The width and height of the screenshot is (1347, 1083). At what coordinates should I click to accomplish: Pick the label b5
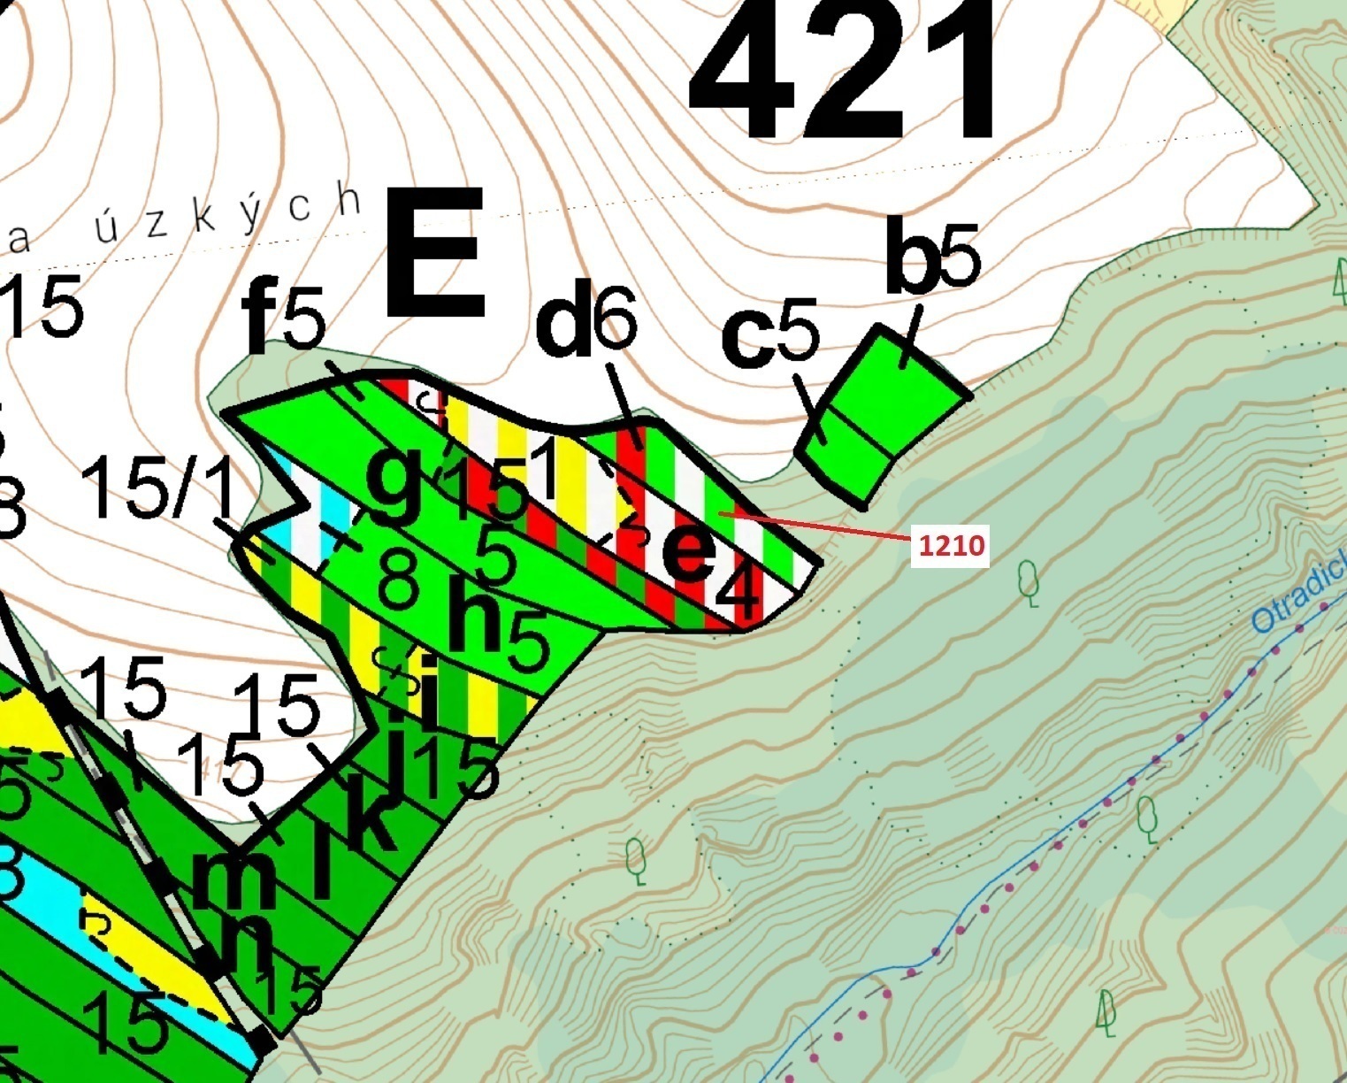(x=932, y=259)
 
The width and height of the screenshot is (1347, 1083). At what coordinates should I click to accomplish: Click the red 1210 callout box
(x=951, y=545)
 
